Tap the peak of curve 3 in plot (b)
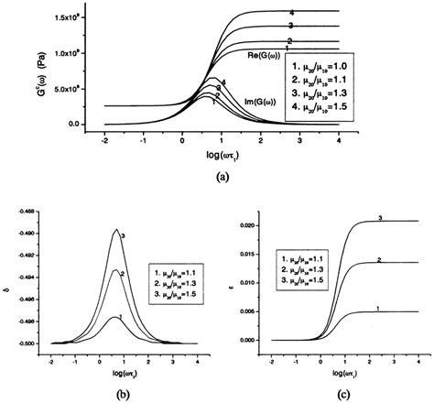(x=116, y=230)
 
